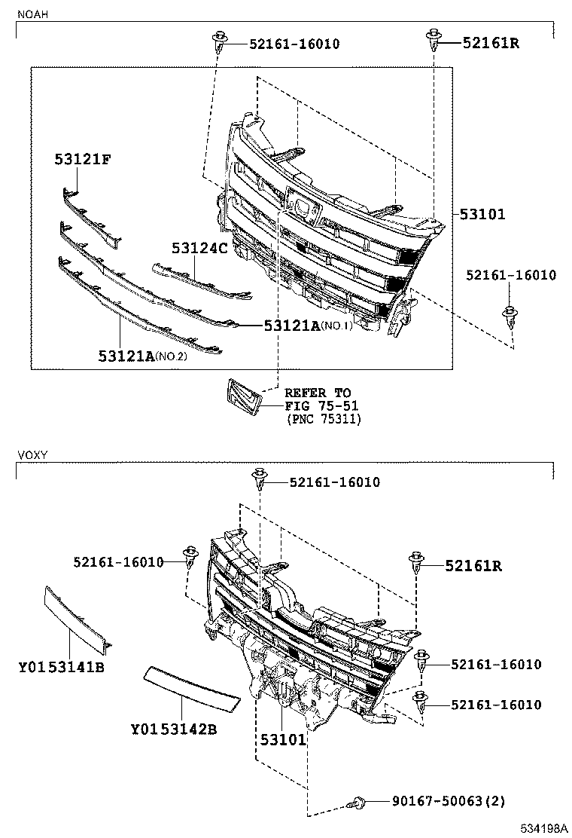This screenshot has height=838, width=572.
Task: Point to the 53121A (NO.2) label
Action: point(141,355)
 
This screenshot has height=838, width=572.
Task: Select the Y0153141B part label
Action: point(62,668)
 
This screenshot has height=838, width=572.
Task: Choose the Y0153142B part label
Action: point(174,729)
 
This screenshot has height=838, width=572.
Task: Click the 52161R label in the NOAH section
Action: point(491,43)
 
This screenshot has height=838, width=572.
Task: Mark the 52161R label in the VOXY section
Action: point(473,565)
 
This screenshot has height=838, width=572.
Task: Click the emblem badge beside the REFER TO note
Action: point(242,396)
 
